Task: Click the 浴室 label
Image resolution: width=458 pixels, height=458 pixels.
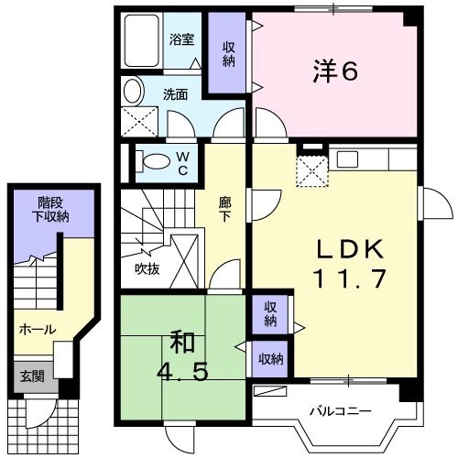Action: (182, 39)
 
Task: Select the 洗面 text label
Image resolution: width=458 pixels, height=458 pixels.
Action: (176, 93)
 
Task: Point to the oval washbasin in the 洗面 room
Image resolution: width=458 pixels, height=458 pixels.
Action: (134, 92)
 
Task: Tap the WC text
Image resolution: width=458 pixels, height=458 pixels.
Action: (182, 164)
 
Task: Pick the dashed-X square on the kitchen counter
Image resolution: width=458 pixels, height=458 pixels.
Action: (313, 169)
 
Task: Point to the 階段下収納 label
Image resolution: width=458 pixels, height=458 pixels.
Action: (52, 209)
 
